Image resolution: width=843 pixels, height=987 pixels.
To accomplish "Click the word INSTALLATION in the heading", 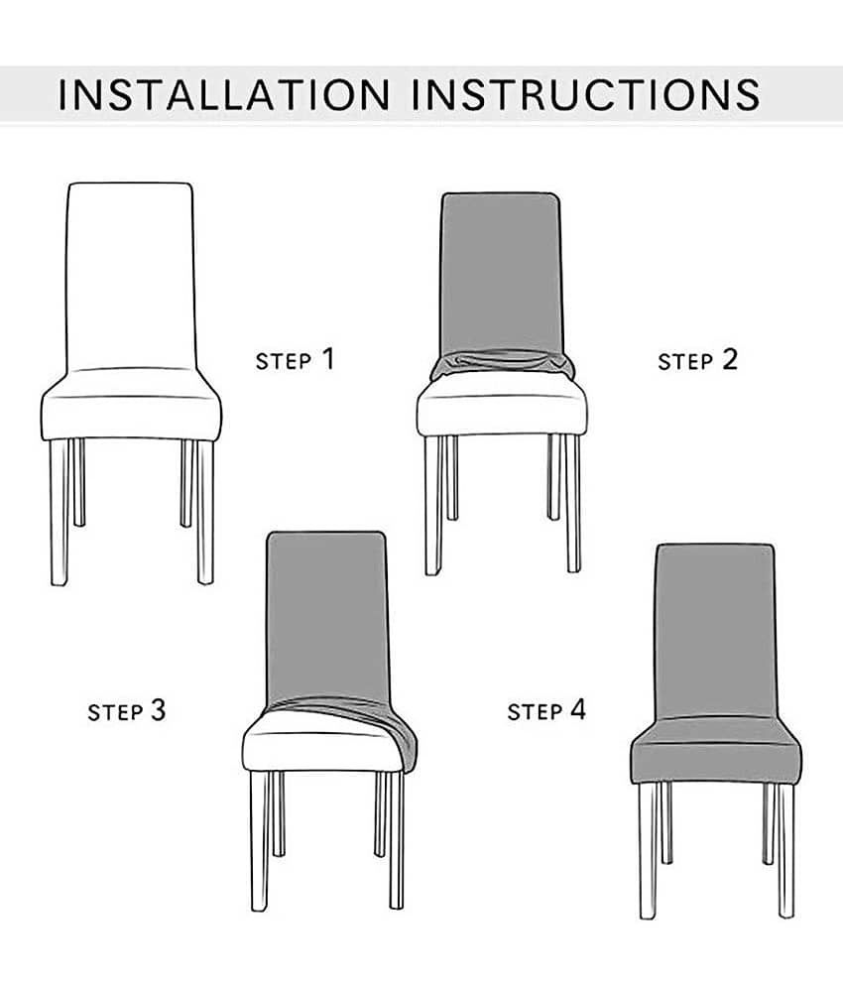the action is [223, 95].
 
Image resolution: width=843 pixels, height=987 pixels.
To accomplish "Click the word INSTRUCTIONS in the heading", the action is [585, 95].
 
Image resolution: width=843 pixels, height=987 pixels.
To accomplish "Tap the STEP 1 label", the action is [295, 359].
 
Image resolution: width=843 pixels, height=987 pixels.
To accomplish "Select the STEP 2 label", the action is [697, 360].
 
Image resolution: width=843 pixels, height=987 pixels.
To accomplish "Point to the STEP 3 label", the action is [127, 710].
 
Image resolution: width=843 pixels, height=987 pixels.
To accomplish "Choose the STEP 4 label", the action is [546, 710].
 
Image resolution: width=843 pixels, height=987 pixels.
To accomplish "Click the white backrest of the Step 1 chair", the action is [131, 276].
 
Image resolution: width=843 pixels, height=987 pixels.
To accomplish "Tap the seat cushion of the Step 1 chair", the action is [131, 405].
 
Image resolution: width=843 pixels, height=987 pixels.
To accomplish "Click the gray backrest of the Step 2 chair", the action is [501, 272].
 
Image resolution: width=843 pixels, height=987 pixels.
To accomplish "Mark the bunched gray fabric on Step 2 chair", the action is [503, 365].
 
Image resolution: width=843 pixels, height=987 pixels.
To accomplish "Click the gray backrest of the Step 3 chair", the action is [327, 617].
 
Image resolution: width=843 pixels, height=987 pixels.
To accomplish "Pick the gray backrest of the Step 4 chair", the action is [716, 631].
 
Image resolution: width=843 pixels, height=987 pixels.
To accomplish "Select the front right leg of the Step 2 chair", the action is [573, 503].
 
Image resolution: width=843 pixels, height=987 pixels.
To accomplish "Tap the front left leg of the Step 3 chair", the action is [259, 840].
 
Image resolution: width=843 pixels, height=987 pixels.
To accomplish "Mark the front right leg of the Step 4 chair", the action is [786, 850].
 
